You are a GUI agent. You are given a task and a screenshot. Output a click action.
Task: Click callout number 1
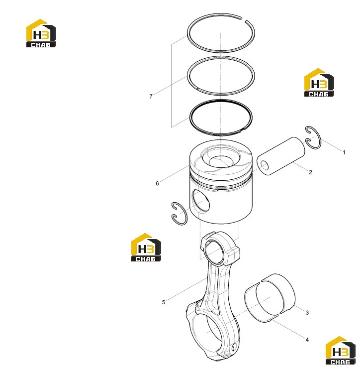[344, 152]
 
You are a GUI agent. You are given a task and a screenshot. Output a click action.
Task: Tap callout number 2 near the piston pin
[310, 172]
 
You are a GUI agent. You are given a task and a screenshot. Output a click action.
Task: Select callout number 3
[307, 313]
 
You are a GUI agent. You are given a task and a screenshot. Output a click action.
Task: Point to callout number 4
[307, 340]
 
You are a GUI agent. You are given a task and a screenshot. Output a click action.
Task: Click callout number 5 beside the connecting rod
[163, 302]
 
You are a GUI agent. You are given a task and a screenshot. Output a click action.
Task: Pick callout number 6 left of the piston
[157, 183]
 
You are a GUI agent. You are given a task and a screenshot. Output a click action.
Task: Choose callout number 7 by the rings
[151, 96]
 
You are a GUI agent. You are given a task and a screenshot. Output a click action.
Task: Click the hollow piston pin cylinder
[281, 156]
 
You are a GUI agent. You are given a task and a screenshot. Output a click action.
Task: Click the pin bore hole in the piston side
[201, 201]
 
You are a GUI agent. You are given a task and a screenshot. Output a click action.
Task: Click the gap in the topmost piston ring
[244, 19]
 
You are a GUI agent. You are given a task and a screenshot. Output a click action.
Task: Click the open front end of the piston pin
[265, 165]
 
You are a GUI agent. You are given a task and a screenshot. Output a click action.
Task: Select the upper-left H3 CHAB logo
[41, 33]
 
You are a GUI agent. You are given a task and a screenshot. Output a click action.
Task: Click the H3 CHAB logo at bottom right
[340, 351]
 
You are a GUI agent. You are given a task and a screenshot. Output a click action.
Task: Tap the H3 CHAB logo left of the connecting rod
[146, 247]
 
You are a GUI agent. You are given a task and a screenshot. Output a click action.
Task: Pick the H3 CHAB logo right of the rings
[319, 82]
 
